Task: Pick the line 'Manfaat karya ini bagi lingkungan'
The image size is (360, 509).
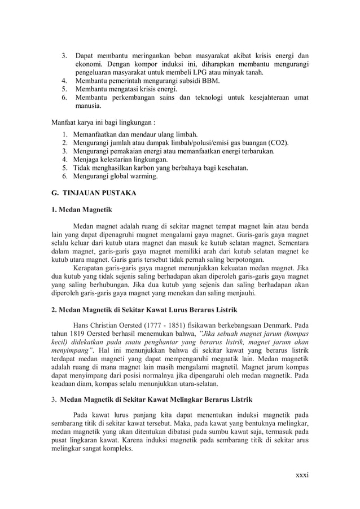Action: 104,121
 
